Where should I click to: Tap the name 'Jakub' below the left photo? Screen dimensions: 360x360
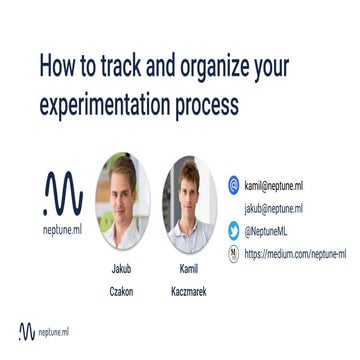point(122,269)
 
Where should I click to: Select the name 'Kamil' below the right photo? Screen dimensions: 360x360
point(188,269)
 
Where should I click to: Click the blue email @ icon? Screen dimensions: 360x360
point(233,185)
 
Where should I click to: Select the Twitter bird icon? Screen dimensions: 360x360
point(233,231)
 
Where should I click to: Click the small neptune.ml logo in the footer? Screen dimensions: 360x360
point(41,331)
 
